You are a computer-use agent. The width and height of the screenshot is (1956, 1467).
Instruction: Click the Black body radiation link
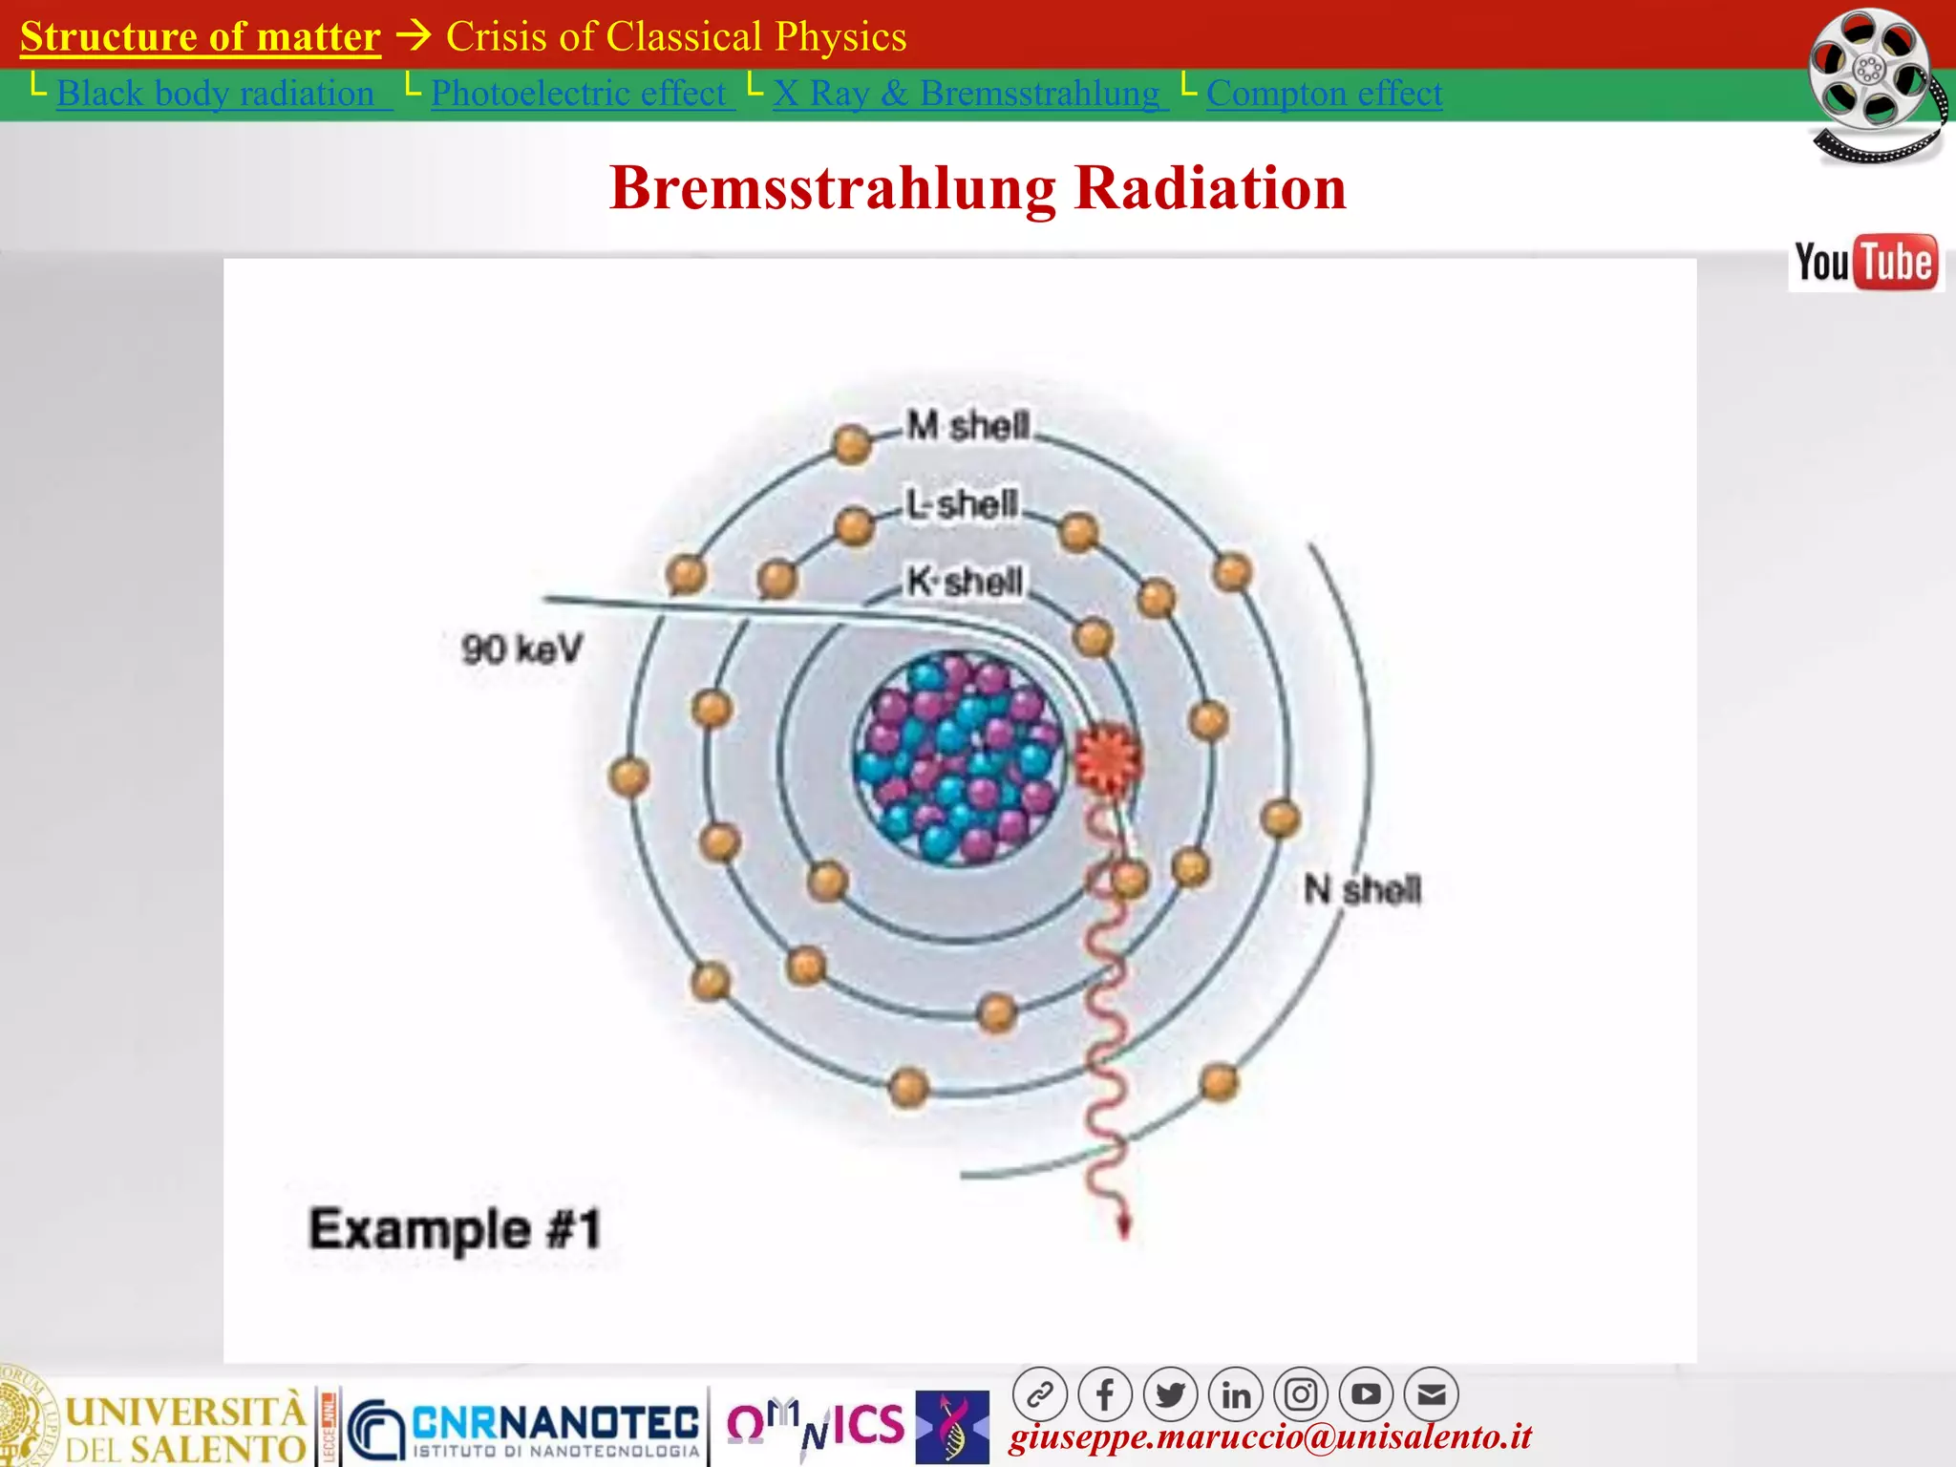tap(215, 94)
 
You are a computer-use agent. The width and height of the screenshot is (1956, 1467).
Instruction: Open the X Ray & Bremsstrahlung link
tap(966, 94)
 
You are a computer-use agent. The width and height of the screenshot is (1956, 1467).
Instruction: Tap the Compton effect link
tap(1324, 94)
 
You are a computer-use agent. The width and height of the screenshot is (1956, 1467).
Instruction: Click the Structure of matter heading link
tap(201, 37)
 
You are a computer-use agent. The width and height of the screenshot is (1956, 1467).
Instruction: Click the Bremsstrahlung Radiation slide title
tap(978, 187)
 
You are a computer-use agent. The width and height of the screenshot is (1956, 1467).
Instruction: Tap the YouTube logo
tap(1865, 263)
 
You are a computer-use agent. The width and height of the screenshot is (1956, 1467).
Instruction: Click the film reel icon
tap(1875, 84)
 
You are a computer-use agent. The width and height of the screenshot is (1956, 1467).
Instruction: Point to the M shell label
tap(968, 426)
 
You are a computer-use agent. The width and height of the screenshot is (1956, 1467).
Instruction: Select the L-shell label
tap(963, 503)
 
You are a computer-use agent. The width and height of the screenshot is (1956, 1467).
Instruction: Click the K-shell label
tap(965, 581)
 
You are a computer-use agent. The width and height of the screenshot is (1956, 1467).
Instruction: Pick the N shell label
tap(1363, 890)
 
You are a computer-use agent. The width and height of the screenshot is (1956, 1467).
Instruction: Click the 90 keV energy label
tap(521, 649)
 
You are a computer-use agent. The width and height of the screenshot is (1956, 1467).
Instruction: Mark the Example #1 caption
tap(455, 1229)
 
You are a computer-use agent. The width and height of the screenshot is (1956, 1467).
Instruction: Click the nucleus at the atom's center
tap(958, 757)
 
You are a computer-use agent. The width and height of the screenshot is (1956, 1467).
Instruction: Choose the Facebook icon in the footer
tap(1105, 1395)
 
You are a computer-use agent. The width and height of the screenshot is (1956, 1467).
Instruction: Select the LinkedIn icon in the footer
tap(1236, 1395)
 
